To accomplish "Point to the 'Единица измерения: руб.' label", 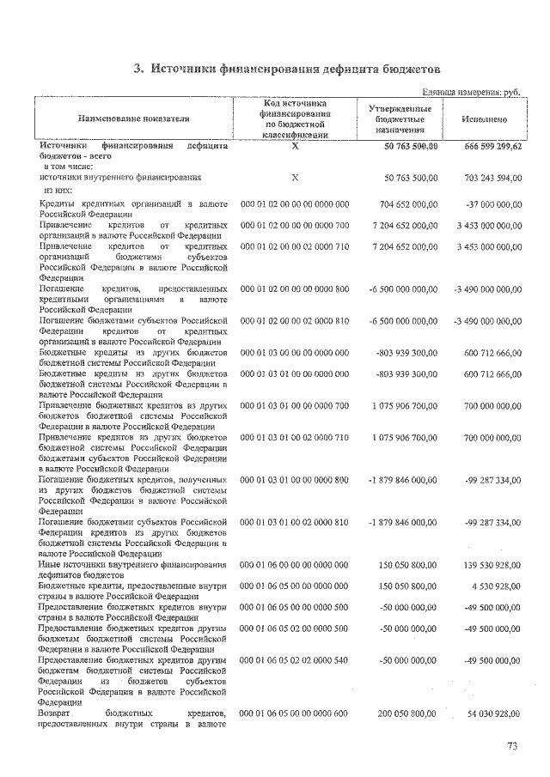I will point(471,92).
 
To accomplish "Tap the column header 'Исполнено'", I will point(483,119).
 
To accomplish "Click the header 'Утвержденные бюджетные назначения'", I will point(400,118).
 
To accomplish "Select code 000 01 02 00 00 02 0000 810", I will point(294,320).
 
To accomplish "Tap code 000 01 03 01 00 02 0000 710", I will point(294,437).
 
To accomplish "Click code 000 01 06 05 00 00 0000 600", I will point(294,713).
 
